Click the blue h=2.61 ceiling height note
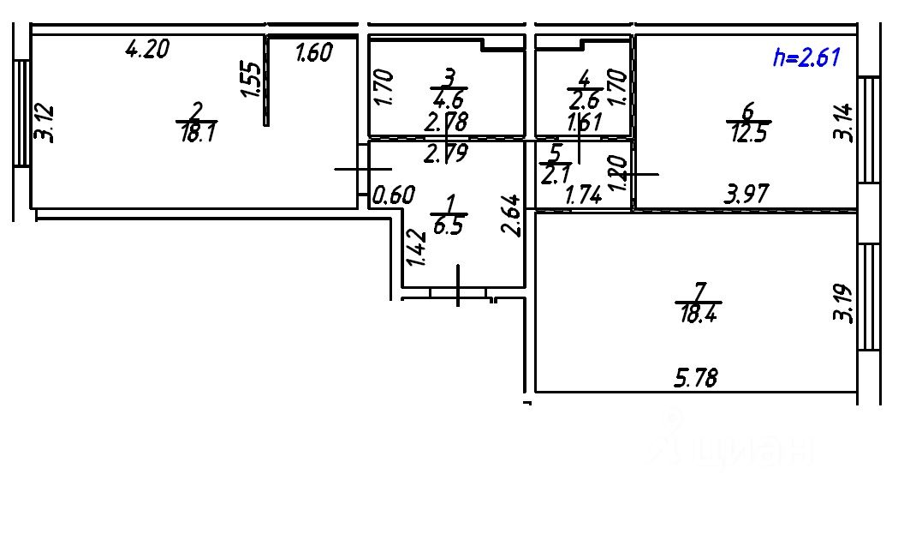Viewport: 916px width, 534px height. (806, 57)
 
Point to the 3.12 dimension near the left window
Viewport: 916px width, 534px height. (45, 122)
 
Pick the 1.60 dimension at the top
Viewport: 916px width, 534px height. (312, 53)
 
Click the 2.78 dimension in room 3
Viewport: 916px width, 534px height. (446, 122)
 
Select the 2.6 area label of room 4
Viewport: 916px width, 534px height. (582, 97)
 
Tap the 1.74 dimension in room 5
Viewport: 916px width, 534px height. (584, 195)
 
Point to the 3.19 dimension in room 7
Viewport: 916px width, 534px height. (844, 304)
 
